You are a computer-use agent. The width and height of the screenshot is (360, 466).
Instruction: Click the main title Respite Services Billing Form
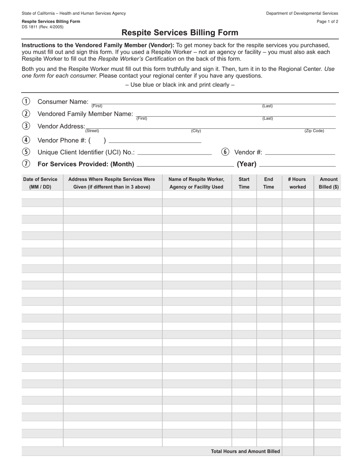(180, 33)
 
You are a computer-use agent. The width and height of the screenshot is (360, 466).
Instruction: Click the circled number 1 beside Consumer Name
(26, 101)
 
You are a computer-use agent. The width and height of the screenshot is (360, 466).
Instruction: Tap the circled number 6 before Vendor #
(225, 152)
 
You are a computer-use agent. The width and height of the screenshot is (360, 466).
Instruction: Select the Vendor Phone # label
(62, 141)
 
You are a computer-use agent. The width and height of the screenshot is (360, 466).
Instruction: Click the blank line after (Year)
(298, 166)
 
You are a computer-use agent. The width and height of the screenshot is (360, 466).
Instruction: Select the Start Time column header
(244, 183)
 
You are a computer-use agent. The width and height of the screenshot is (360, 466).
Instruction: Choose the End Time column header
(269, 183)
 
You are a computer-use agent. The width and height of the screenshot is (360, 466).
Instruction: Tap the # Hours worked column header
(297, 183)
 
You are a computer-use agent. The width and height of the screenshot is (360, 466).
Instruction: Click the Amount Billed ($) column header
(329, 183)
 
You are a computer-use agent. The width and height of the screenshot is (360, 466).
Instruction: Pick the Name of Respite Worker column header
(196, 183)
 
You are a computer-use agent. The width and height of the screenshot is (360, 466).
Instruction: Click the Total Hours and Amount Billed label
(246, 451)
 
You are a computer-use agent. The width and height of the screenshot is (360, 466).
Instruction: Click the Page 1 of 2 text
(327, 22)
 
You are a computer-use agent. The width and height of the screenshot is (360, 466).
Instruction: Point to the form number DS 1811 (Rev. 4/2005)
(42, 27)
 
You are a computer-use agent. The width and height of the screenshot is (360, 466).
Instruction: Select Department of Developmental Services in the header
(302, 13)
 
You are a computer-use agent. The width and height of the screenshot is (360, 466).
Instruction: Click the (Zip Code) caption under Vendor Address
(314, 131)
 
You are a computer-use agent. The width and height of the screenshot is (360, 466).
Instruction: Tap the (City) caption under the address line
(196, 131)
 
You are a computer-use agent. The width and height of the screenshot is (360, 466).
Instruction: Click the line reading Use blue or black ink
(180, 84)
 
